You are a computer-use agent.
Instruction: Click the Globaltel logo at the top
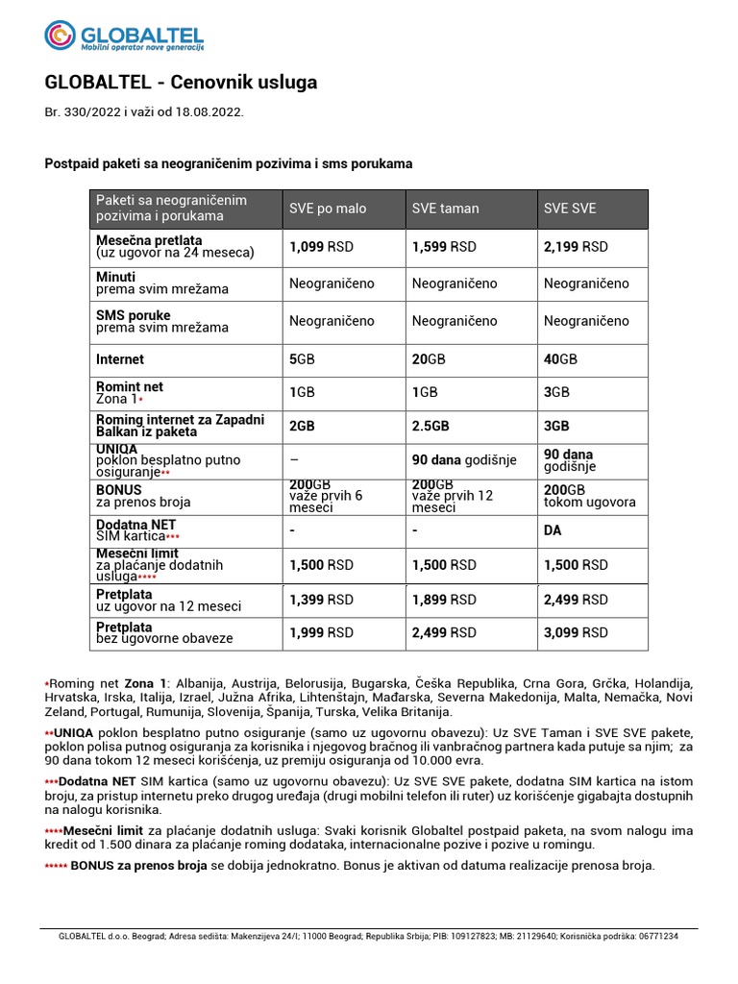click(124, 36)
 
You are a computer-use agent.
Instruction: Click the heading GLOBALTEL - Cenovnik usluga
click(181, 83)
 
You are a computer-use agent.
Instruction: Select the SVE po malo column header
click(328, 209)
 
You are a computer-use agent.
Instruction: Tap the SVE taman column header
click(445, 209)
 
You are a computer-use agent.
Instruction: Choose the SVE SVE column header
click(570, 209)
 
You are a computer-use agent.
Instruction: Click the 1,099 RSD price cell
click(321, 247)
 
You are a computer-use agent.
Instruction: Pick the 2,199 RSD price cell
click(576, 247)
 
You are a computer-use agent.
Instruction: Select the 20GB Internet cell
click(429, 359)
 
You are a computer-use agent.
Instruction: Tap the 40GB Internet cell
click(560, 359)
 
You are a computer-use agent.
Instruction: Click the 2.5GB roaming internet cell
click(430, 426)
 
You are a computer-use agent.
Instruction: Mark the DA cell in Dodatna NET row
click(553, 530)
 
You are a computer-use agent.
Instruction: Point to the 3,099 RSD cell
click(576, 632)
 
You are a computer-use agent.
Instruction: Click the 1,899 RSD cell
click(444, 600)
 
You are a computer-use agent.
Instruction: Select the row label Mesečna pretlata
click(149, 240)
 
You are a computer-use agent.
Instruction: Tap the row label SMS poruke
click(134, 315)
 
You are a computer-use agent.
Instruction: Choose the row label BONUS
click(119, 489)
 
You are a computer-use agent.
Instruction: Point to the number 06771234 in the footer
click(653, 936)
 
